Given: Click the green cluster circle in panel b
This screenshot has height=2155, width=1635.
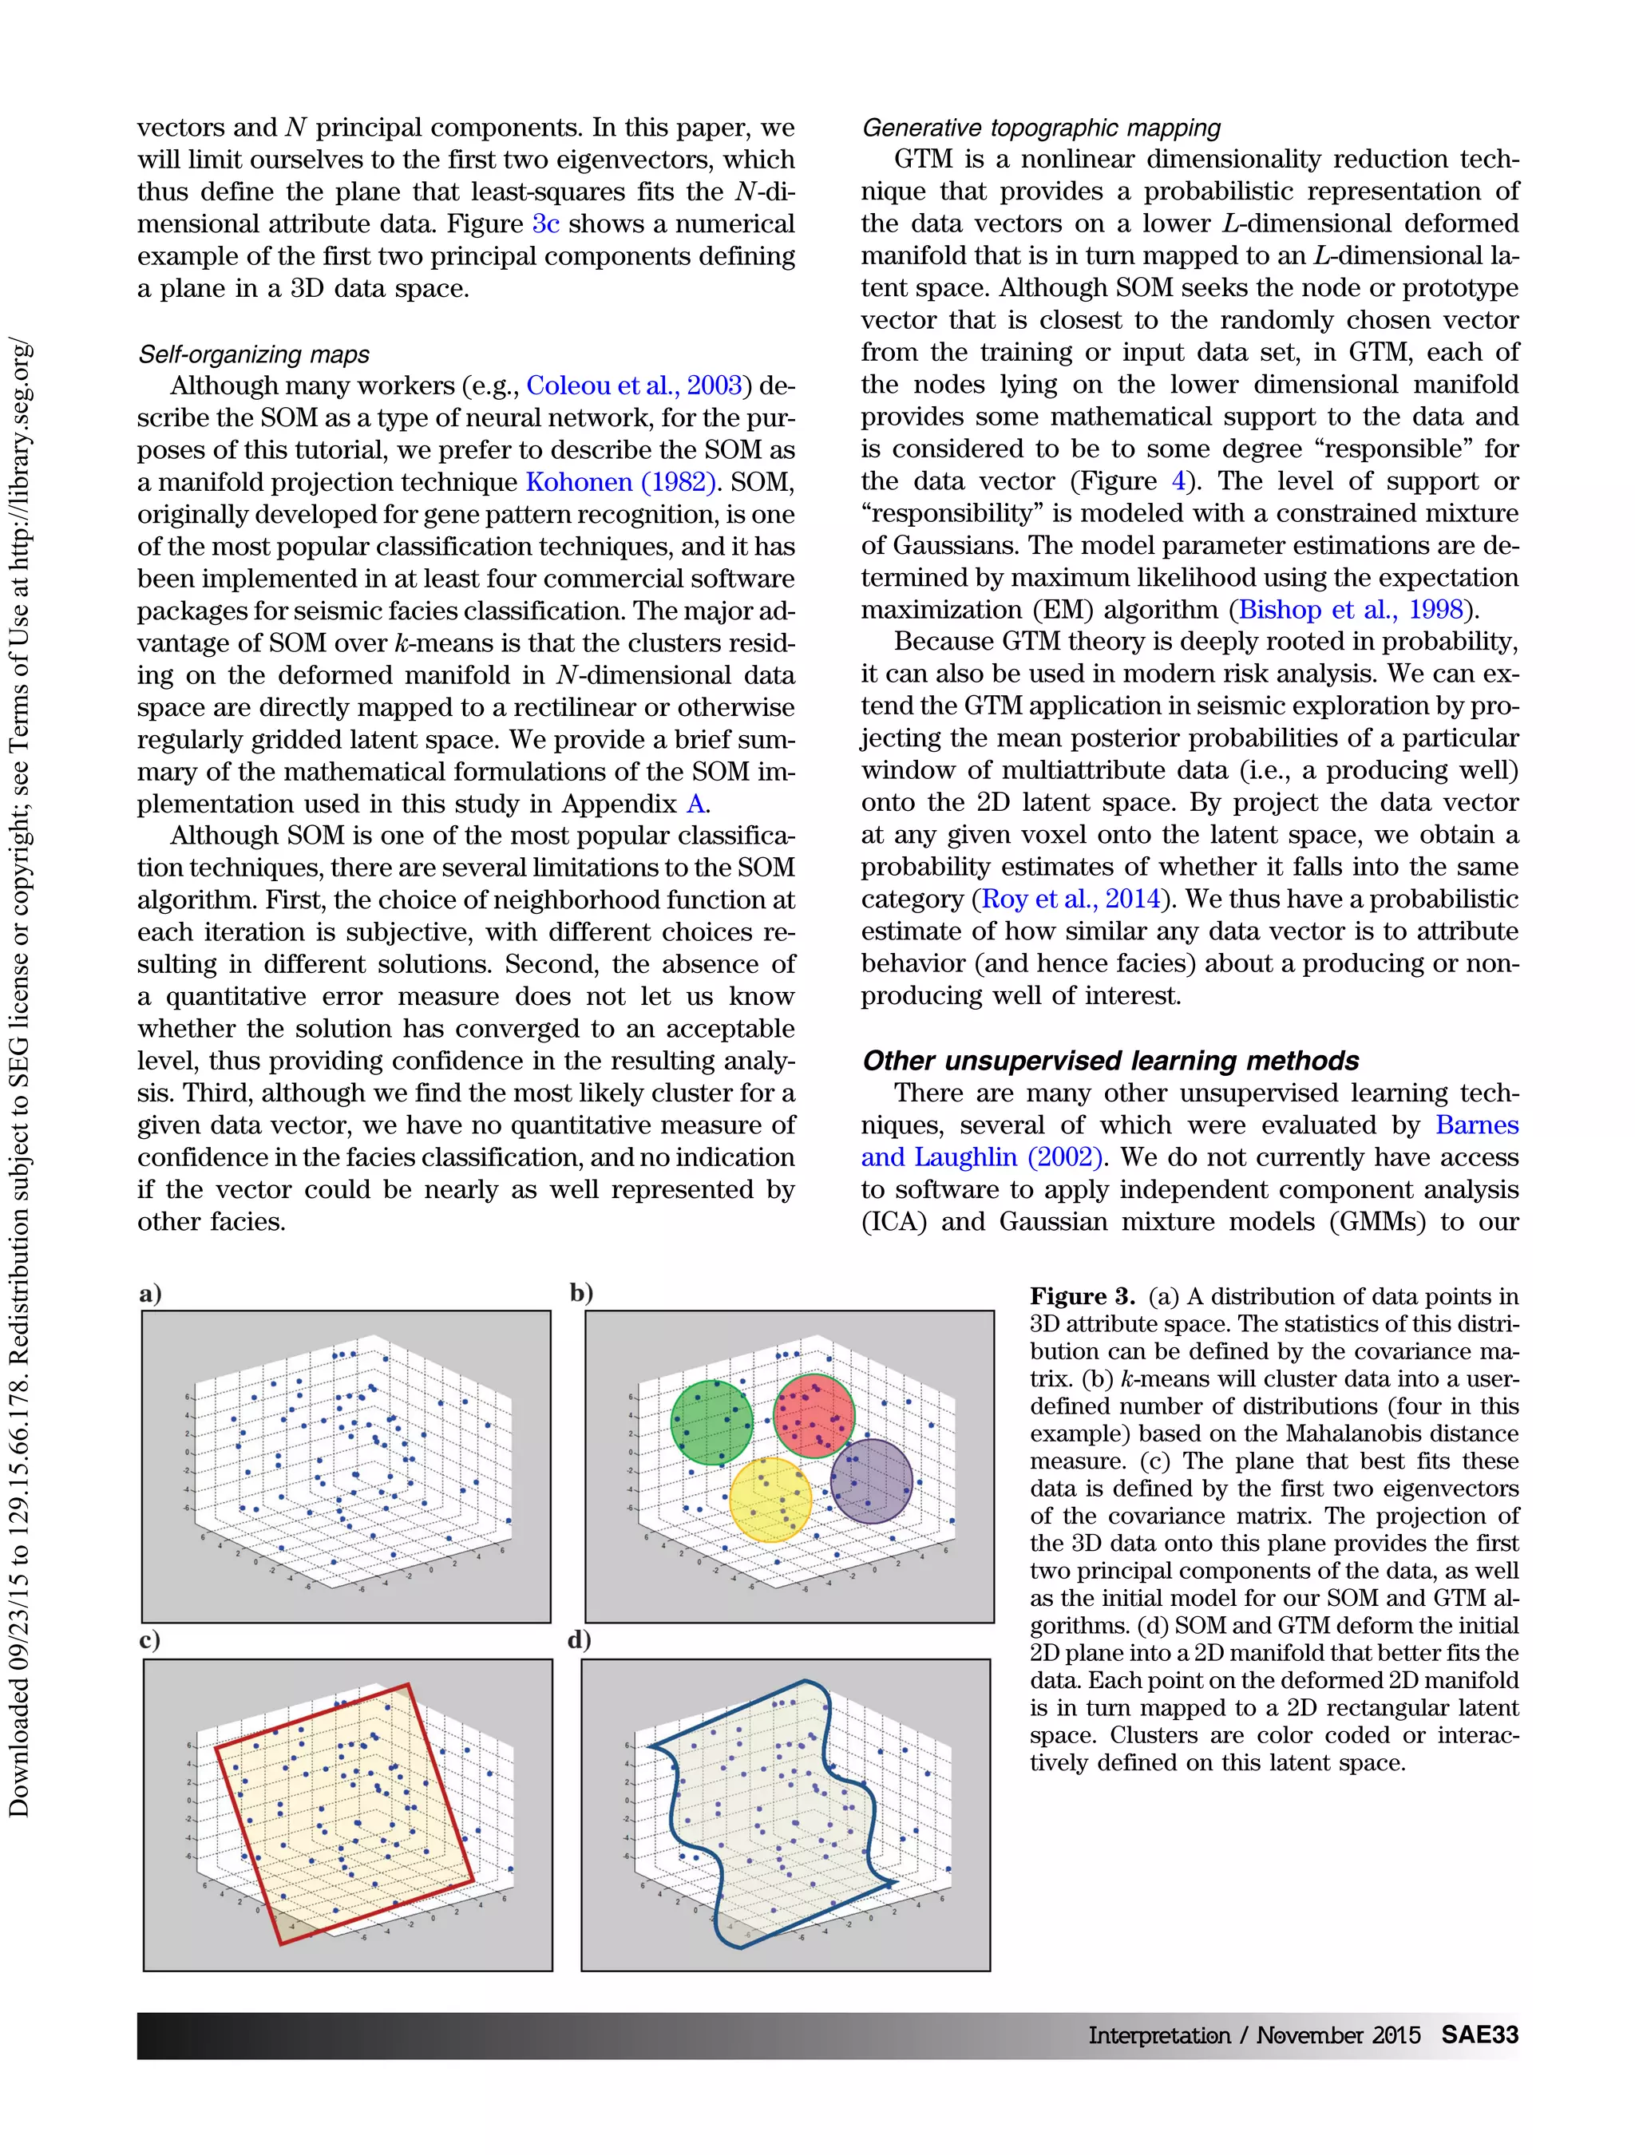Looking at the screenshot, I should pos(712,1422).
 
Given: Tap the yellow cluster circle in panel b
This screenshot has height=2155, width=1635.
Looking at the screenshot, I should pos(770,1498).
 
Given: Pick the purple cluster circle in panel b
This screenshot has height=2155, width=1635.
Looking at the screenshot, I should pos(871,1481).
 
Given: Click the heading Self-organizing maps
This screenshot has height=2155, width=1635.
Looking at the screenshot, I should pos(255,354).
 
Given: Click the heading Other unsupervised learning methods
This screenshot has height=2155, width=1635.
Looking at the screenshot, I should pos(1110,1060).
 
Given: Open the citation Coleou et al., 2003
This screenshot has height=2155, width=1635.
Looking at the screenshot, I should pos(635,386).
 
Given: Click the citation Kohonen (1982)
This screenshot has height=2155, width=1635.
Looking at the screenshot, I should pos(620,482).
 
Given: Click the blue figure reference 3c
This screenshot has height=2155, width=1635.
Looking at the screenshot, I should pos(544,224).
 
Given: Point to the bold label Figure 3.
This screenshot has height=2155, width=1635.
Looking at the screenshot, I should pos(1082,1297).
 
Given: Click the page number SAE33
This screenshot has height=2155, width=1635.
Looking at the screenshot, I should pos(1479,2034).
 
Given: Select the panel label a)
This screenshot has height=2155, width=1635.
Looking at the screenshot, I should pos(150,1294).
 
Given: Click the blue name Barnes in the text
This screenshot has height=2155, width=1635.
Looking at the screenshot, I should pos(1476,1125).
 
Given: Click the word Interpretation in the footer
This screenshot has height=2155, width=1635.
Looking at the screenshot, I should pos(1158,2035).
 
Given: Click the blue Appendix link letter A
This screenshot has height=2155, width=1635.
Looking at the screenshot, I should pos(695,804).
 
